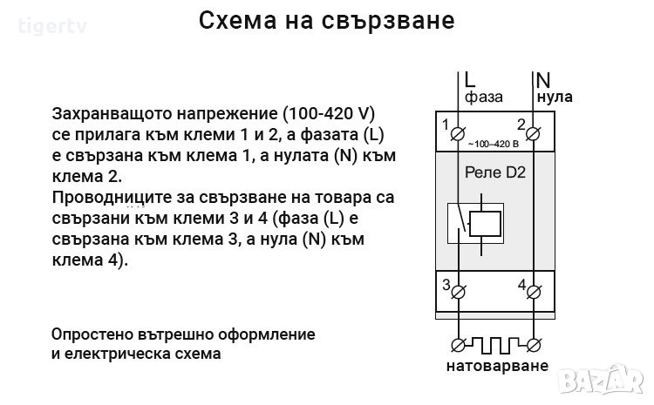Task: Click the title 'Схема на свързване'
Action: pyautogui.click(x=327, y=21)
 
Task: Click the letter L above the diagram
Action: pyautogui.click(x=469, y=79)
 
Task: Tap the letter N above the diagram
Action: pyautogui.click(x=542, y=79)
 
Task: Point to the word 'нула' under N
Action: pyautogui.click(x=555, y=97)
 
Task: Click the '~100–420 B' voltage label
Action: pyautogui.click(x=494, y=143)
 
